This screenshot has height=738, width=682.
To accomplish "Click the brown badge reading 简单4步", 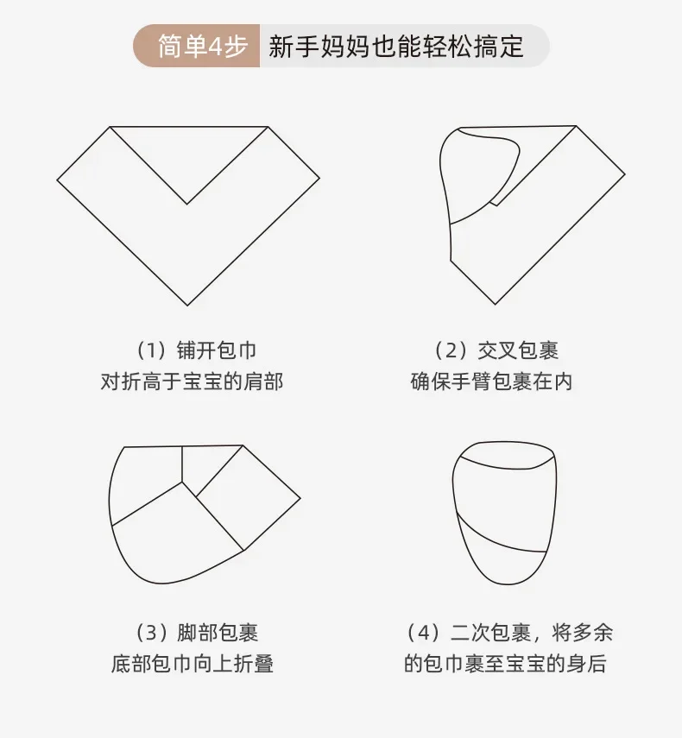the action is tap(197, 46).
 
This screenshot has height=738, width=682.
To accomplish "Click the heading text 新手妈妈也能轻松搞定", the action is tap(396, 46).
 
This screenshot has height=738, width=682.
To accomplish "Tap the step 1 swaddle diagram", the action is tap(188, 216).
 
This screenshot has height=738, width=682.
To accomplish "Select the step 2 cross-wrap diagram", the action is tap(532, 215).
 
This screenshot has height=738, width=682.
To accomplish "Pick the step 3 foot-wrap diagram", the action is tap(205, 514).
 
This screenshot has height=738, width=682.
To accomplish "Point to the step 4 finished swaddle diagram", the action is tap(504, 513).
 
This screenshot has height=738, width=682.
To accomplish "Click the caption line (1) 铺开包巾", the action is tap(196, 350).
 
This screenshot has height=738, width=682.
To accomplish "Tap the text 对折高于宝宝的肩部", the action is tap(192, 382).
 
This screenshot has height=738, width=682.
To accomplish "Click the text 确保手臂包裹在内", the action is tap(491, 382).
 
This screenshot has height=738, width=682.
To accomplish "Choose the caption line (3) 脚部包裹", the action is tap(197, 633).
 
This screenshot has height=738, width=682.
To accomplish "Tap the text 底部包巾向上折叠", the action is tap(192, 664).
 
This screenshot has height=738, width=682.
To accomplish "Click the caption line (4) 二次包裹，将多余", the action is tap(509, 633).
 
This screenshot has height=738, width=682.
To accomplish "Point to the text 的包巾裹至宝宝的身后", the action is tap(506, 664).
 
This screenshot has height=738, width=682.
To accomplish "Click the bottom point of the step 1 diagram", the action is tap(187, 306).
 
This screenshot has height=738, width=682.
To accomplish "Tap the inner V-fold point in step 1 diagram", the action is tap(186, 204).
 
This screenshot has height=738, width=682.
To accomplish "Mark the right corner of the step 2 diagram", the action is tap(624, 174).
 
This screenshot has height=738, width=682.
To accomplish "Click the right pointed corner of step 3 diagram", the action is tap(300, 497).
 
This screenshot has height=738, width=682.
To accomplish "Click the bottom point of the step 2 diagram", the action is tap(496, 304).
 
